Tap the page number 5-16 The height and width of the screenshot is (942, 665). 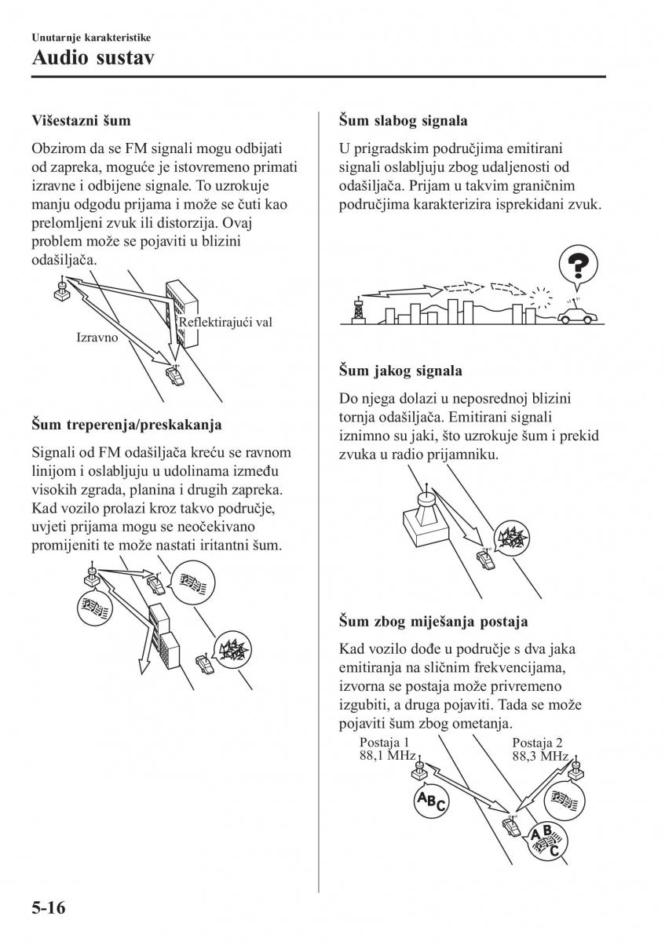click(x=48, y=908)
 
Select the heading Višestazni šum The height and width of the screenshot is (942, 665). click(x=81, y=121)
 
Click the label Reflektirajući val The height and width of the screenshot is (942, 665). click(x=225, y=322)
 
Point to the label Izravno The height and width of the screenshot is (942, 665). click(x=97, y=338)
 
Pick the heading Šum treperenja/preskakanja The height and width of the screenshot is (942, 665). click(x=127, y=425)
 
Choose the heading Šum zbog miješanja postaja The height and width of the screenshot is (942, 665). click(x=433, y=621)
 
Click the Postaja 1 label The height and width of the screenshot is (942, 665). click(x=384, y=743)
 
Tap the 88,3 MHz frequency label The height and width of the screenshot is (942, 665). click(x=540, y=756)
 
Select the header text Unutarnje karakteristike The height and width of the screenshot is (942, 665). click(x=91, y=37)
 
